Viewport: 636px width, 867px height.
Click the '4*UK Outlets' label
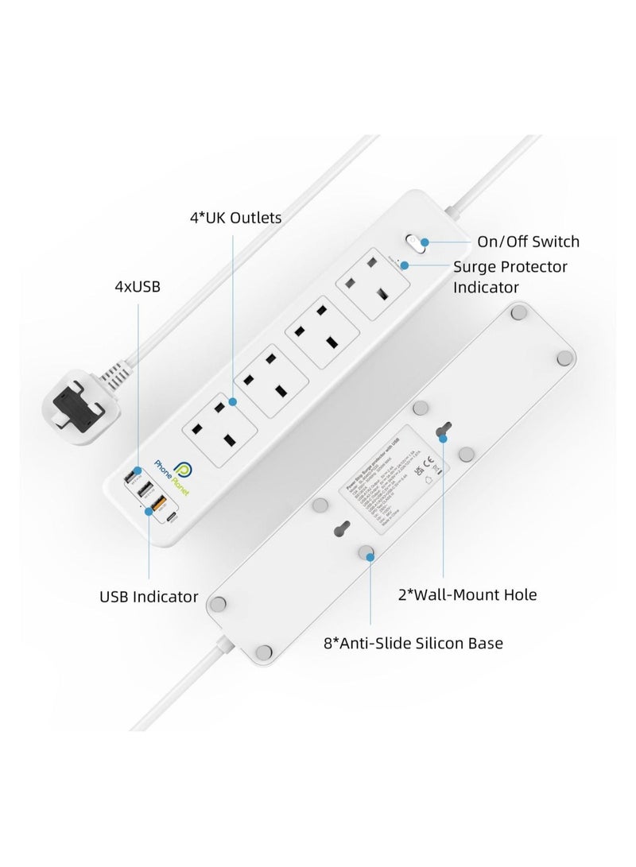[x=235, y=217]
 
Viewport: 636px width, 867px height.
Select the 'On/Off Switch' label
[x=528, y=242]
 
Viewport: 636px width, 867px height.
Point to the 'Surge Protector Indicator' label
[x=510, y=277]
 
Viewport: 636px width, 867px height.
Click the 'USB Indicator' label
[x=149, y=596]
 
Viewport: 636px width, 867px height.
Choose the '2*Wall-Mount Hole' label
[x=467, y=594]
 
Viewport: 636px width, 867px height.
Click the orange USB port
[x=157, y=503]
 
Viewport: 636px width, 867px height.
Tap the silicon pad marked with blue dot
[x=367, y=555]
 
